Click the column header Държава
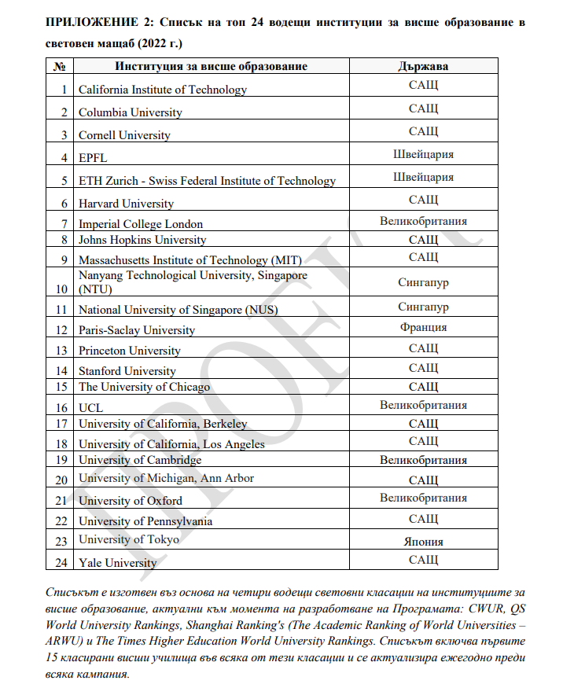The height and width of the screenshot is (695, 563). click(423, 66)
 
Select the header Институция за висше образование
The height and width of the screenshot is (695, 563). click(211, 66)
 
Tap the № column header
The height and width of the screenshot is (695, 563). click(58, 66)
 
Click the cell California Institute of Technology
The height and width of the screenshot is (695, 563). click(162, 90)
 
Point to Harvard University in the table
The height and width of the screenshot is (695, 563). click(126, 204)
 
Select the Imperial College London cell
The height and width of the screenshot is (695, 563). click(140, 224)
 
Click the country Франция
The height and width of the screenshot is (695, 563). click(423, 327)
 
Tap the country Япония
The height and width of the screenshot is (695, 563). click(423, 542)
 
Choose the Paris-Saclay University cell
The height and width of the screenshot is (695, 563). click(136, 330)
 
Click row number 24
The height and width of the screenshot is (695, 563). click(61, 563)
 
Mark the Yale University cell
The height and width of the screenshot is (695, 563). click(117, 563)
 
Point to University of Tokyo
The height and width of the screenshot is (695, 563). click(128, 539)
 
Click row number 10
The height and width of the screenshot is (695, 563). click(61, 289)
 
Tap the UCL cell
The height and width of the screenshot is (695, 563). click(90, 408)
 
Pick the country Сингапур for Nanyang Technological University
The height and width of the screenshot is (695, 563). click(423, 282)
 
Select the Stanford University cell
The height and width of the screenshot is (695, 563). click(127, 371)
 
